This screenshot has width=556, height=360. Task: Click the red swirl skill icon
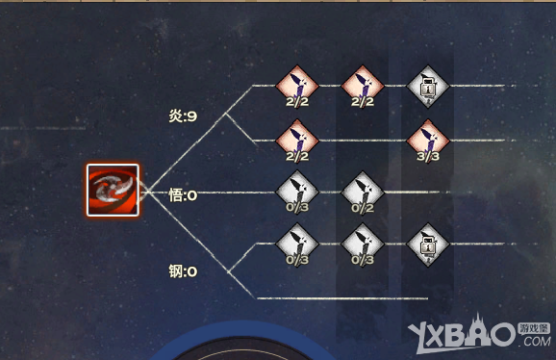point(114,190)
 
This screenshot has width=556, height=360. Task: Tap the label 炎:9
point(182,117)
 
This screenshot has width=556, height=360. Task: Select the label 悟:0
point(182,195)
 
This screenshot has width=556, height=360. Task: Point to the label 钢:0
point(182,271)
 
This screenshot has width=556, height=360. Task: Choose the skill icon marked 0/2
point(361,193)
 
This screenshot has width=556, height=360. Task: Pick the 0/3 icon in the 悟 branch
point(295,193)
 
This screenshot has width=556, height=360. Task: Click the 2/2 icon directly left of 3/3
point(295,141)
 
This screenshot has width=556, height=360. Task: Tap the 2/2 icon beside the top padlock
point(361,88)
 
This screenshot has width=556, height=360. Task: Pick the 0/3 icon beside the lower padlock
point(361,244)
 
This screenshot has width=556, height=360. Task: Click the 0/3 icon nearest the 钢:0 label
point(295,244)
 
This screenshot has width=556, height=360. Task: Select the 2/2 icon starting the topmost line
point(295,88)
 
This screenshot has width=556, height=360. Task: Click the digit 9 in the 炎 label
point(192,117)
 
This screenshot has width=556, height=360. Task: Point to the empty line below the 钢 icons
point(341,298)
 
